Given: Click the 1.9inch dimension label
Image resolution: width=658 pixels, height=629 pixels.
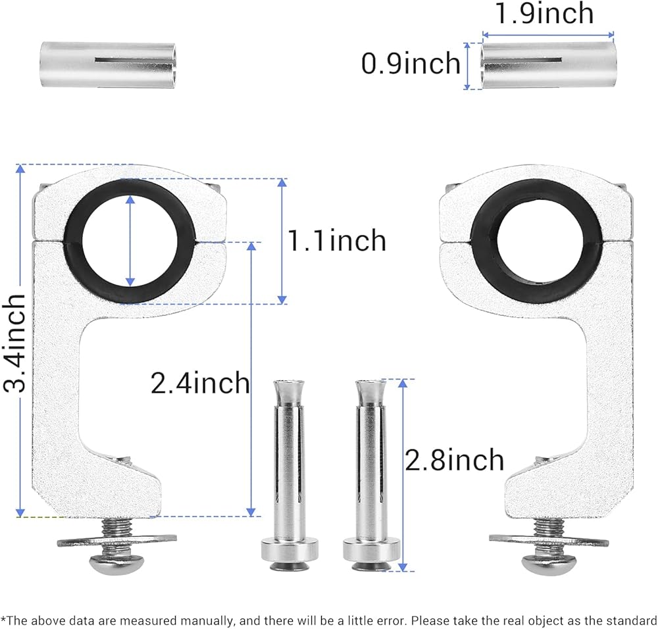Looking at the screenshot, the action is coord(544,13).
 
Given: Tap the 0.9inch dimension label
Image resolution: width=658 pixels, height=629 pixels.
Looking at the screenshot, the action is coord(411,63).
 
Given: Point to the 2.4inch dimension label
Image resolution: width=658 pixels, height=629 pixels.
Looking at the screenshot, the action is coord(200,382).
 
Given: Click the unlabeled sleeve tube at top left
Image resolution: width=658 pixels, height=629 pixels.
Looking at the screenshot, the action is coord(109,65).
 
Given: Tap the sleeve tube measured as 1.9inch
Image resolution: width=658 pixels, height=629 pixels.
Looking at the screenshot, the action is coord(548,65).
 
